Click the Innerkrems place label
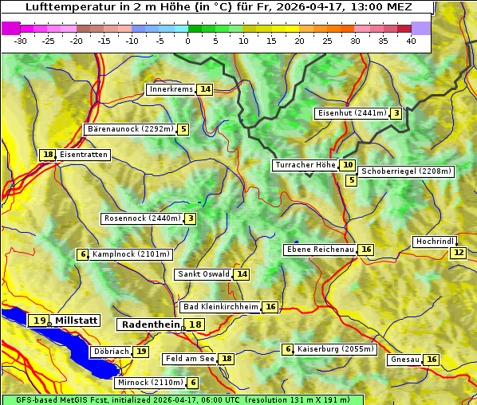(171, 89)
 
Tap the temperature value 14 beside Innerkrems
(206, 89)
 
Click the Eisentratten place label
(83, 155)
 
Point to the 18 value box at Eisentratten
(48, 155)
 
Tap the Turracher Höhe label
(305, 165)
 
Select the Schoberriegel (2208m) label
(406, 171)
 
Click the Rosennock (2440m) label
(143, 218)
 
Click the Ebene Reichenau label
(320, 250)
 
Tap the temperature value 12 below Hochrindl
(458, 253)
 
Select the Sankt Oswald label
(203, 274)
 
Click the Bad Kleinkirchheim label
(220, 307)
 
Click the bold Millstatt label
(77, 320)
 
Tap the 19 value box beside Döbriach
(141, 351)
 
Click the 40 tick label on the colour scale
(411, 41)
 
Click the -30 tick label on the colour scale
(21, 41)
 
